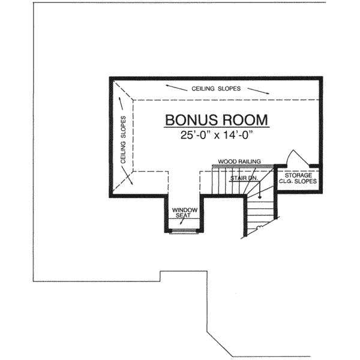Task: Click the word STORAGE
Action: (298, 175)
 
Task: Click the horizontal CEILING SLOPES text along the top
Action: (217, 88)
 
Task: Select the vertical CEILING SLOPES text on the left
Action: (124, 140)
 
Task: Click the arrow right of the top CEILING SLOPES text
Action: (258, 91)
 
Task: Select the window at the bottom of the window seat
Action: (185, 230)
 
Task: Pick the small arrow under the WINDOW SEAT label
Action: (181, 222)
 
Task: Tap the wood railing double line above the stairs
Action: (243, 166)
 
